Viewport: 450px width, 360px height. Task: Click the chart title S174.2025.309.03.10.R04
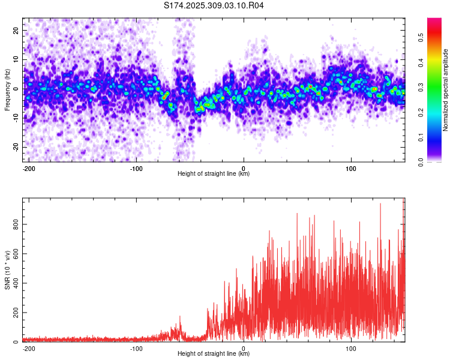214,5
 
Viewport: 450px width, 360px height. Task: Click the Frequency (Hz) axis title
7,89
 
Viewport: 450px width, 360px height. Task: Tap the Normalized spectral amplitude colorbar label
446,89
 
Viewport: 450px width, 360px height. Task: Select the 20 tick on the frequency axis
17,29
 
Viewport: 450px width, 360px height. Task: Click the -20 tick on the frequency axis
16,147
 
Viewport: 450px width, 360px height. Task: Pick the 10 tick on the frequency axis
17,59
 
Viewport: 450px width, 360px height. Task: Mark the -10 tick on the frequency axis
16,118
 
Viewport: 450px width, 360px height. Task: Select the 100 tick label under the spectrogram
350,167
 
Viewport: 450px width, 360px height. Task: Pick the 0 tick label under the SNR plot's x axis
244,347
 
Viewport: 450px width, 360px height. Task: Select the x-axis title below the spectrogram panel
214,174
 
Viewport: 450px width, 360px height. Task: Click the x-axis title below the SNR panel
214,354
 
